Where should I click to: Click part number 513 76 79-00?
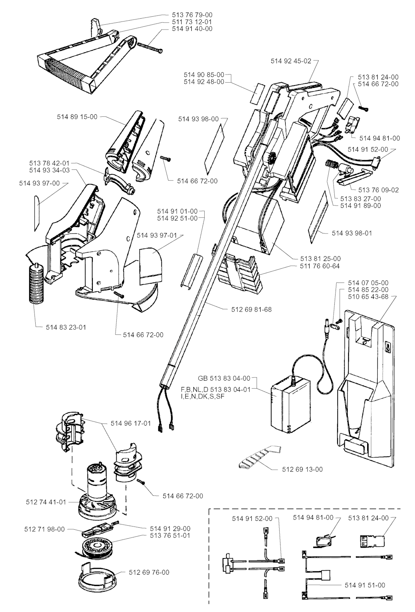[x=192, y=15]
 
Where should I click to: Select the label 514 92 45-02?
[x=291, y=61]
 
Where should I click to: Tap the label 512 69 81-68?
[x=251, y=310]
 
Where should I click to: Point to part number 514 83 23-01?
[x=66, y=327]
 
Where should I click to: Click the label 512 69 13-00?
[x=302, y=469]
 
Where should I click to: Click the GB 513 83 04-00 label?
[x=224, y=379]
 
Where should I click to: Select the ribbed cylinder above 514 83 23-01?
[x=36, y=282]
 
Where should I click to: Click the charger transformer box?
[x=291, y=405]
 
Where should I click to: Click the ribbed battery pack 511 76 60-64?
[x=240, y=273]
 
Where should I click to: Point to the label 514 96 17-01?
[x=130, y=423]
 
